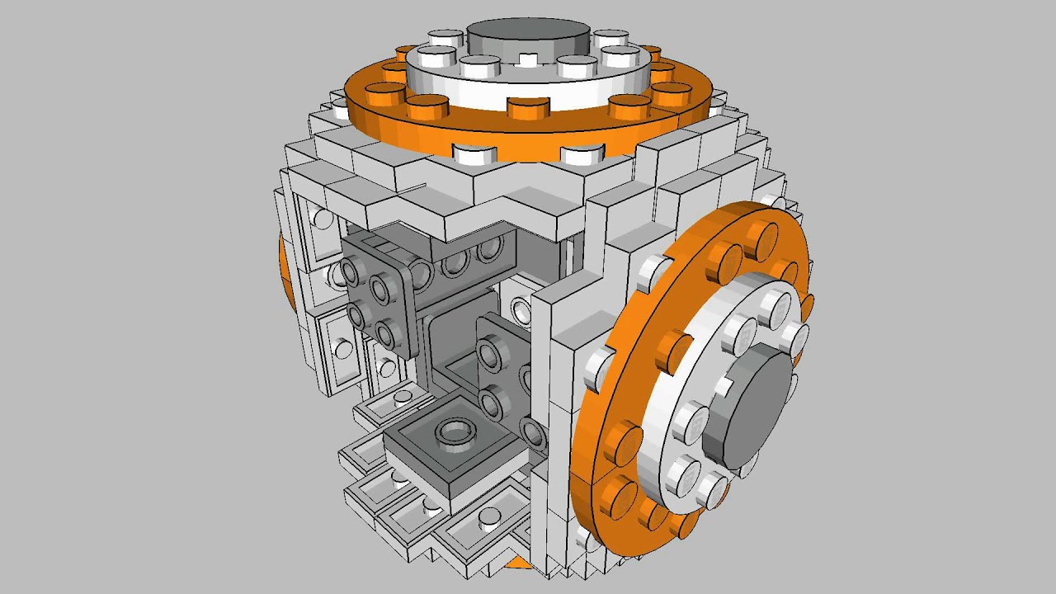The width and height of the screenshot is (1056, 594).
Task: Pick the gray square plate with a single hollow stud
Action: click(456, 450)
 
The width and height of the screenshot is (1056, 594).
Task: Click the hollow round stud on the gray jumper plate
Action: click(455, 430)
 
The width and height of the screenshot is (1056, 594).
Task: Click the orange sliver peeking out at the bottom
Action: click(518, 563)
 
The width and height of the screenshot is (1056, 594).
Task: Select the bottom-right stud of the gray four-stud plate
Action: click(385, 333)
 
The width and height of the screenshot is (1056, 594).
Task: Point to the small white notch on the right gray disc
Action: click(723, 385)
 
